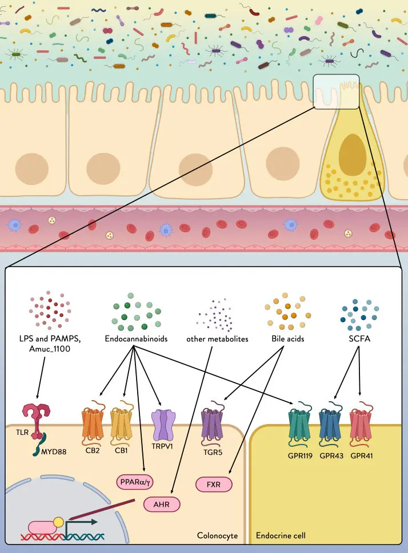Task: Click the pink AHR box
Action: coord(162,504)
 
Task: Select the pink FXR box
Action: coord(214,484)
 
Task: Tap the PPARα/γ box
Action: coord(135,482)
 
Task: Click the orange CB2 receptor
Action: coord(93,423)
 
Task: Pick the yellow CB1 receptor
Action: coord(122,423)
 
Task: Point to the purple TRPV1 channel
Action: coord(163,425)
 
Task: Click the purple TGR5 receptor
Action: coord(213,423)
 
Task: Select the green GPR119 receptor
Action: coord(300,425)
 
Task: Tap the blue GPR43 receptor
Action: coord(330,425)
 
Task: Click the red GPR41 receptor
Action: coord(361,425)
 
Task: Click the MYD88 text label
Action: coord(54,451)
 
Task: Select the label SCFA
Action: coord(359,338)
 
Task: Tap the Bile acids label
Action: coord(288,338)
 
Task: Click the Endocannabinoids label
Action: coord(136,338)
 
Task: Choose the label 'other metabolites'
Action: coord(217,339)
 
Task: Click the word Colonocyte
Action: coord(217,535)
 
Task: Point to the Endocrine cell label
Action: coord(281,535)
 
